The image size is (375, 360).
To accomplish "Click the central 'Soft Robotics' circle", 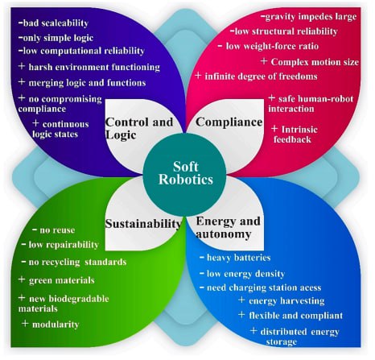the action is tap(185, 175).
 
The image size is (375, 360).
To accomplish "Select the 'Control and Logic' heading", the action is tap(139, 128).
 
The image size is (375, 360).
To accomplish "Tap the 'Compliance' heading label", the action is tap(229, 122).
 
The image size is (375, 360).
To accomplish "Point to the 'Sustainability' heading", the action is tap(143, 223).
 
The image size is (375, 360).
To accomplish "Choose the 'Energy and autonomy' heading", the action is tap(229, 228).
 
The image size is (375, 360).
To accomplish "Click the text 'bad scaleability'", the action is tap(56, 23).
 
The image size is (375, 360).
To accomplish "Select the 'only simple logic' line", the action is tap(58, 38).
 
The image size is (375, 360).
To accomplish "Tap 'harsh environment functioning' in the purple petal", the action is tap(94, 67).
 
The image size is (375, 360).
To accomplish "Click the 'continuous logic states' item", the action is tap(60, 129).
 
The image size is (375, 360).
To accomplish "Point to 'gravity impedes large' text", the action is tap(311, 17).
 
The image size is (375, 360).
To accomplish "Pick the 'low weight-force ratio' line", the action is tap(272, 46).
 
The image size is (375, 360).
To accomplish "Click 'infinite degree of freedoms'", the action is tap(261, 77).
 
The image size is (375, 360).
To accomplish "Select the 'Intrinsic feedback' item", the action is tap(295, 134).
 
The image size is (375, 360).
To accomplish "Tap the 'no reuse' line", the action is tap(57, 230).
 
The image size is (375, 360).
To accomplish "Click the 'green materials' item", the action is tap(62, 280).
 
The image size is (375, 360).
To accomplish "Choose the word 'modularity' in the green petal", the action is tap(56, 325).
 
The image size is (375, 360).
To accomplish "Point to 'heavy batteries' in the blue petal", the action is tap(239, 258).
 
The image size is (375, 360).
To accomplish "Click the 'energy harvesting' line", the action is tap(286, 301).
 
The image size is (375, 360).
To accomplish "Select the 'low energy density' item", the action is tap(245, 274).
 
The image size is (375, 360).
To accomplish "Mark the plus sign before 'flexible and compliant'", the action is tap(241, 314).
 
